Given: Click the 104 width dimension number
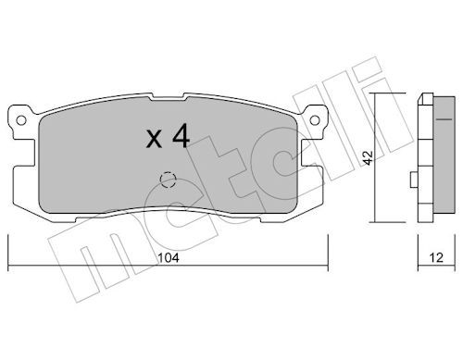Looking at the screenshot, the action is pos(169,257).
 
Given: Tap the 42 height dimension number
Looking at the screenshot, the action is pos(368,157).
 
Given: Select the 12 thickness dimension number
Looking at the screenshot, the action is pos(436,257).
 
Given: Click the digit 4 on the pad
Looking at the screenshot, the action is pos(181,135).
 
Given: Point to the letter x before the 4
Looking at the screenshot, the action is pos(154,139).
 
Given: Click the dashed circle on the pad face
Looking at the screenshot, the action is pos(168,180).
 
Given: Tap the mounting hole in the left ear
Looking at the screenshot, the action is pos(21,120).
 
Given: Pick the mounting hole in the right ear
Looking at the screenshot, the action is pos(315,120).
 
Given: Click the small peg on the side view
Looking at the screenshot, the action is pos(414,180).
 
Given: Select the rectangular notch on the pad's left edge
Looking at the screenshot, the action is pos(24,153).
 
